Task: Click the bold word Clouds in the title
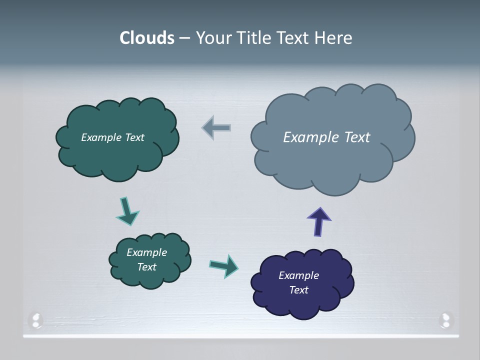(x=147, y=38)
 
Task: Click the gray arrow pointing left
(x=216, y=128)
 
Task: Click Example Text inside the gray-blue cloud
(x=326, y=137)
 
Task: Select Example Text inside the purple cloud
(x=298, y=282)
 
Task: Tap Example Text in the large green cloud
(x=112, y=137)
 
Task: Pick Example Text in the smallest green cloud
(x=146, y=259)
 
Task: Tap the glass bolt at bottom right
(x=445, y=320)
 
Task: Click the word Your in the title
(x=212, y=38)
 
